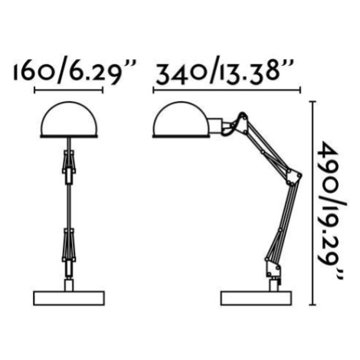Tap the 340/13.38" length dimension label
click(x=224, y=70)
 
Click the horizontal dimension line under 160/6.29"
click(x=68, y=90)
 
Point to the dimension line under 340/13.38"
click(x=227, y=90)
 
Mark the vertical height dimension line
click(x=313, y=203)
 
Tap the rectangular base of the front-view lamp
click(x=69, y=298)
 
